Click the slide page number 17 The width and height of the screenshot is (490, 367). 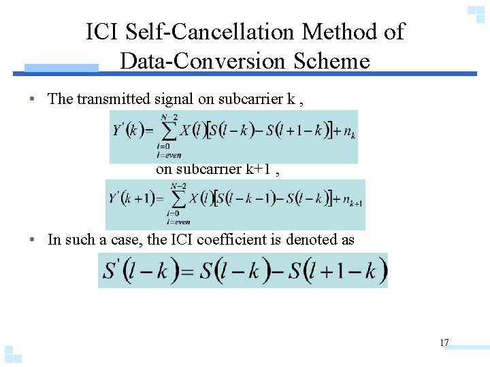[x=444, y=343]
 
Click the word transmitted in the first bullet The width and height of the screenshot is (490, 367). [x=110, y=99]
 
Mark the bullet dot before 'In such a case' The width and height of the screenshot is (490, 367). [x=33, y=240]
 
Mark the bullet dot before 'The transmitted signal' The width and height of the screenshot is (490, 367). [x=33, y=99]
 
